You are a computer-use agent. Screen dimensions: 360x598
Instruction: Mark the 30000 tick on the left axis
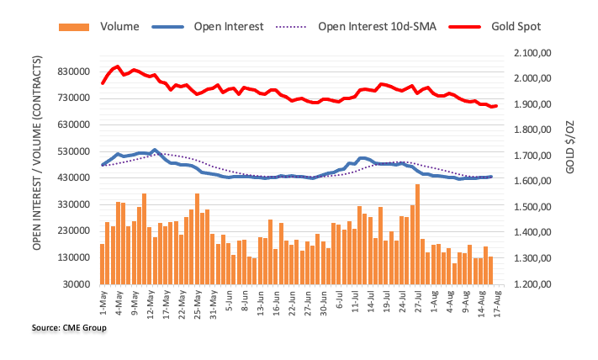(75, 284)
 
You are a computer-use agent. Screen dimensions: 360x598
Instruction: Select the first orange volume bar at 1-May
(102, 264)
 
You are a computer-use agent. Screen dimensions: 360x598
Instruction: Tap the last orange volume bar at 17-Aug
(490, 270)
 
